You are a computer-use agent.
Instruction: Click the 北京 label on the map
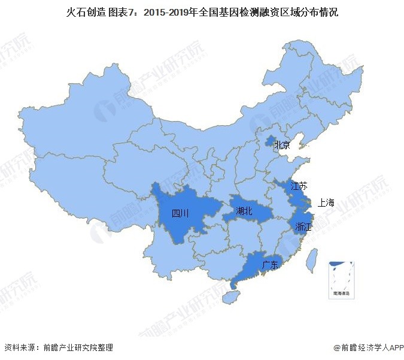coord(282,145)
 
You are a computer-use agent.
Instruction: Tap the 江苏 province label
coord(299,186)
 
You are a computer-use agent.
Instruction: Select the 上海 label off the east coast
coord(327,202)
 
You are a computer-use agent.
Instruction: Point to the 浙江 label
coord(302,226)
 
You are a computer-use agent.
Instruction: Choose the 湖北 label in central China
coord(244,211)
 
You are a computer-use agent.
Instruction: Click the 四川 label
coord(180,213)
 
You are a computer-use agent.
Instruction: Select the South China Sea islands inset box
coord(340,279)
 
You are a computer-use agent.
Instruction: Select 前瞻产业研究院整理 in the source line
coord(74,347)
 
